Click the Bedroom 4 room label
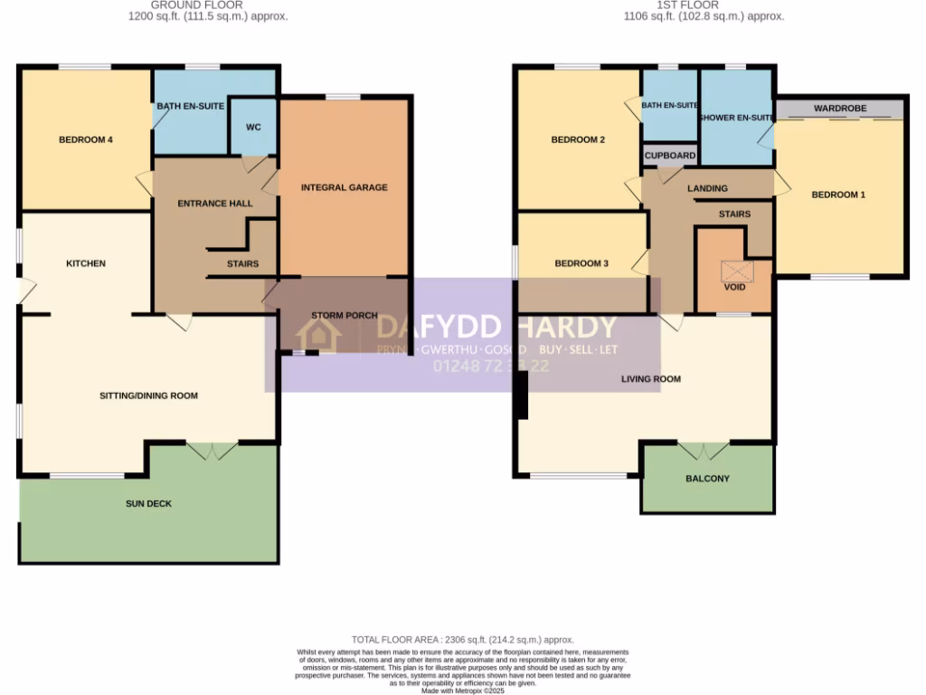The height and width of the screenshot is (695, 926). coord(85,139)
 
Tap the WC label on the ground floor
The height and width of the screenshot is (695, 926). coord(253,127)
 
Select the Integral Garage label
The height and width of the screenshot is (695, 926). coord(344,187)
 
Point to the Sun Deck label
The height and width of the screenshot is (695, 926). coord(148,503)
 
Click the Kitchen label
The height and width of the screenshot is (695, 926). coord(86,263)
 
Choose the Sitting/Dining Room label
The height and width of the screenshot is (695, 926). coord(148,395)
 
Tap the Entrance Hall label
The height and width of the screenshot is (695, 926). coord(215,204)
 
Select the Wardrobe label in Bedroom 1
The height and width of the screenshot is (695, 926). coord(839,109)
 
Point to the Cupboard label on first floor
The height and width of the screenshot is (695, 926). coord(670,156)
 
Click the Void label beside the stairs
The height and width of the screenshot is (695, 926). coord(733,286)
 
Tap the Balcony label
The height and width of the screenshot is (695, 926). coord(707,478)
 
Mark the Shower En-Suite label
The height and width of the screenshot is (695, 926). coord(736,118)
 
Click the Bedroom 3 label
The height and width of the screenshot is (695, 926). coord(581,263)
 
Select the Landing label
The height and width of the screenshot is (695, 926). coord(707,188)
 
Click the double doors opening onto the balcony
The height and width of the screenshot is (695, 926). coord(704,451)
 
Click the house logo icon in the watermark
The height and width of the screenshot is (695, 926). coord(318,336)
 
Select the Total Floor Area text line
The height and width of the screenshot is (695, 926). coord(462,640)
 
